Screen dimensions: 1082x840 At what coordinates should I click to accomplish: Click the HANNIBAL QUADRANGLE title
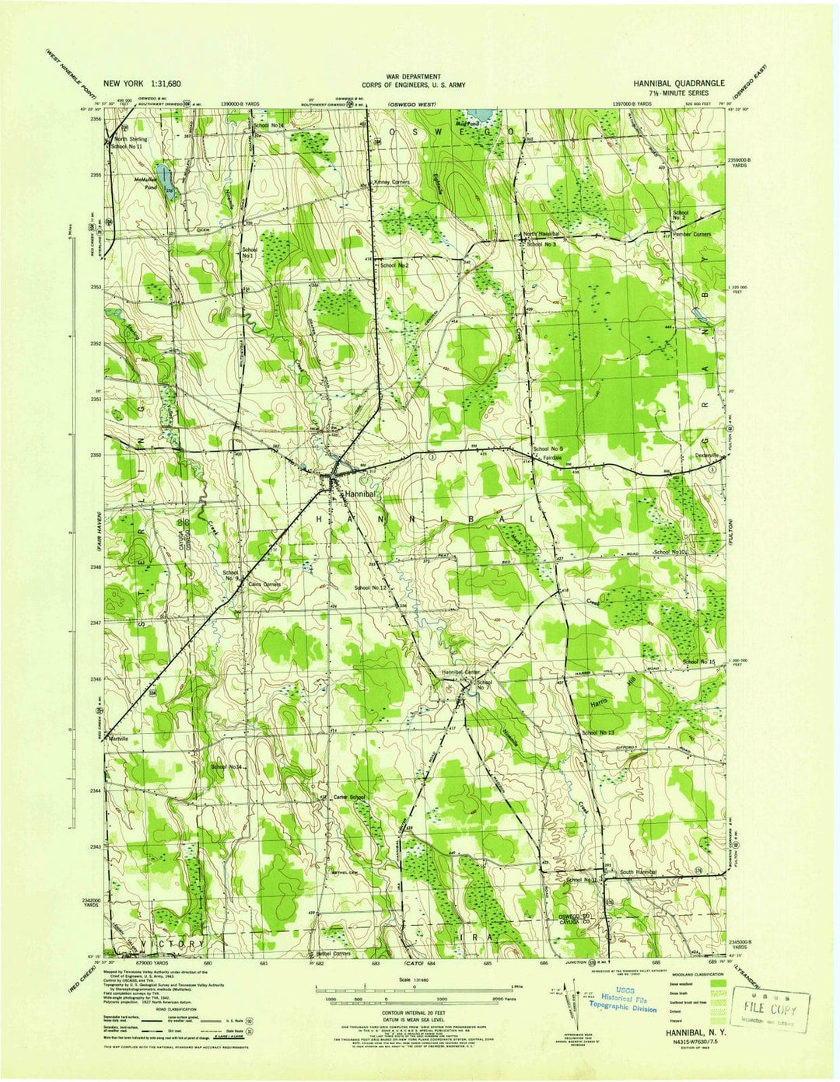tap(678, 82)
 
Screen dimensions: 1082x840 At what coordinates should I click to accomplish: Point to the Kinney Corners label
tap(391, 183)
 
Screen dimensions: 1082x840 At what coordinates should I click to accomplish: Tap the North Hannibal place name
tap(541, 234)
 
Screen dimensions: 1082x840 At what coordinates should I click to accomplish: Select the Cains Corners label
tap(264, 584)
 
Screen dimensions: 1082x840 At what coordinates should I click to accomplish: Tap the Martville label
tap(119, 738)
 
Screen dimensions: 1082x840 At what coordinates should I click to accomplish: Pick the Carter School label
tap(348, 798)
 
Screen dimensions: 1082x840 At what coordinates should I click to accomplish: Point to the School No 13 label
tap(598, 733)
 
